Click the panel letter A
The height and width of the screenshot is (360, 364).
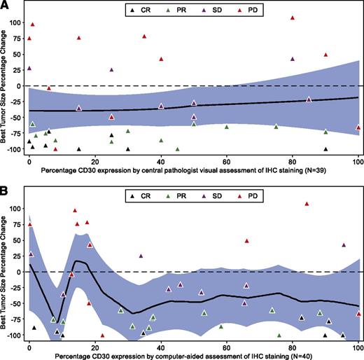[6, 6]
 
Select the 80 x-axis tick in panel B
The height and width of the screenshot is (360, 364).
[292, 346]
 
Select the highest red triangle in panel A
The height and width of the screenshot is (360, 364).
[292, 18]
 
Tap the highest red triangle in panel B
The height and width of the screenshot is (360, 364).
[307, 204]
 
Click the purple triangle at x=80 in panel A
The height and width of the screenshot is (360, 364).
[292, 58]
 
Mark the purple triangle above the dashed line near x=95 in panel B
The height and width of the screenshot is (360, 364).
[343, 245]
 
